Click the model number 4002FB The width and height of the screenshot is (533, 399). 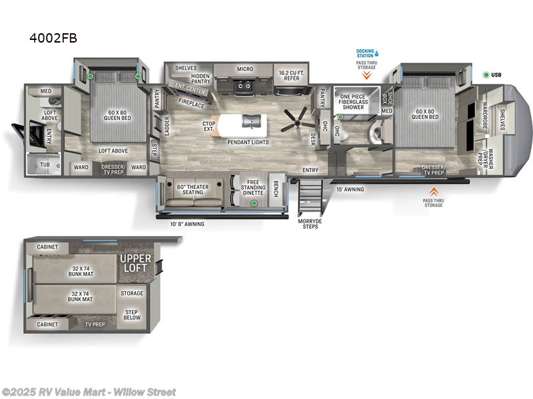point(53,38)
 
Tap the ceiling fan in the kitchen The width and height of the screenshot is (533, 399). point(294,122)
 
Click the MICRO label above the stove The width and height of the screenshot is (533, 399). point(245,68)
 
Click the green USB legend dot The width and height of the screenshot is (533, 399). point(486,74)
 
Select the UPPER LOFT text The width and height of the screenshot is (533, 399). point(135,262)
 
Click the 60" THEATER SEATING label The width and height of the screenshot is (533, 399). point(193,190)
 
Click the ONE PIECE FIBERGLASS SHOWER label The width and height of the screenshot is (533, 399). point(352,102)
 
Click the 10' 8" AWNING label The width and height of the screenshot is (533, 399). point(187,224)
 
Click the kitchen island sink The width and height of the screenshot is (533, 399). point(251,120)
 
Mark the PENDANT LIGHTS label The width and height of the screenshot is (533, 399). point(248,142)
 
